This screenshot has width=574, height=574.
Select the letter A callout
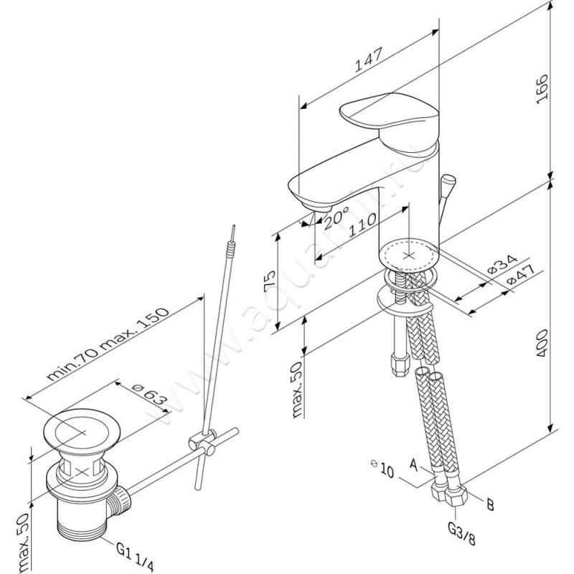click(x=413, y=465)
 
